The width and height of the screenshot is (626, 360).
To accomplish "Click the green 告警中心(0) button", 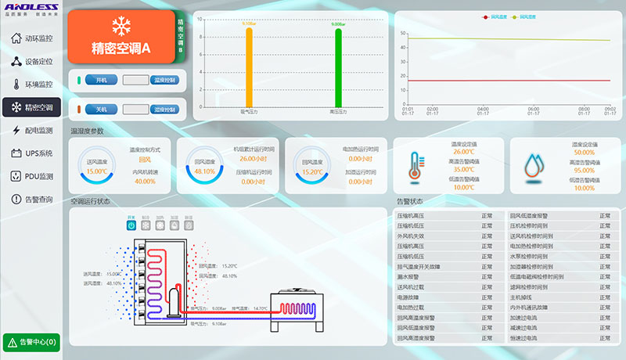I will pos(31,342).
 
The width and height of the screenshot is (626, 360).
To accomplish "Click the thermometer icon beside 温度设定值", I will pos(416,165).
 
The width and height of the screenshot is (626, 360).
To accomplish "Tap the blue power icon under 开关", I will pos(131,225).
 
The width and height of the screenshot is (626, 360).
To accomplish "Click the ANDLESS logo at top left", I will pos(31,8).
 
